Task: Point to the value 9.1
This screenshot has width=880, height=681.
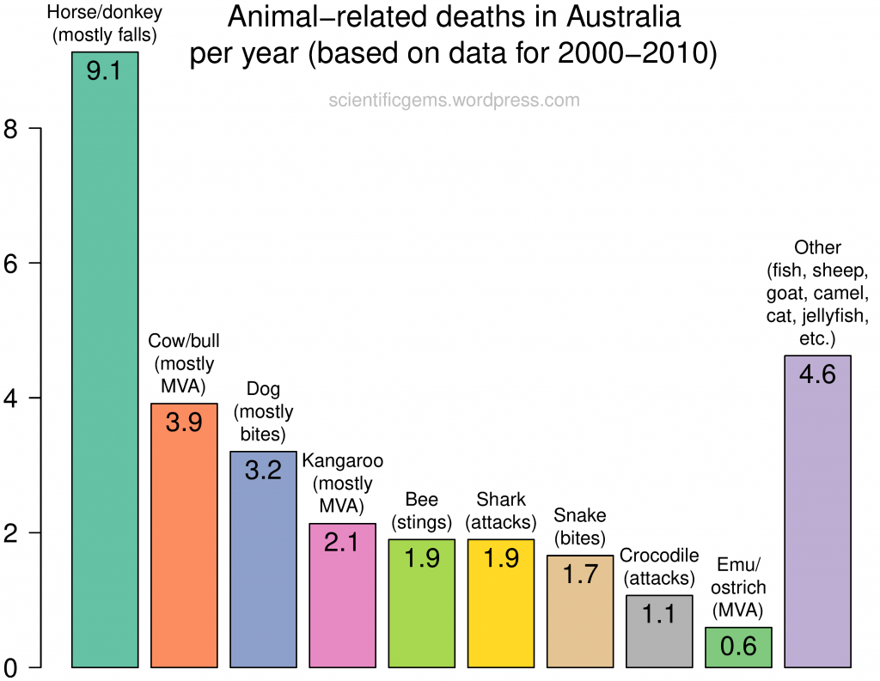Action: (x=104, y=70)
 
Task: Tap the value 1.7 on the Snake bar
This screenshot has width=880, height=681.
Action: (x=580, y=574)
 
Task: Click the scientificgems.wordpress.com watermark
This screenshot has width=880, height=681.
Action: (x=454, y=100)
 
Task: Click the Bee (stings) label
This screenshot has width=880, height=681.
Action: (x=421, y=511)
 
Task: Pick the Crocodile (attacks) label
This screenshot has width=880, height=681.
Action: (x=659, y=566)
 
